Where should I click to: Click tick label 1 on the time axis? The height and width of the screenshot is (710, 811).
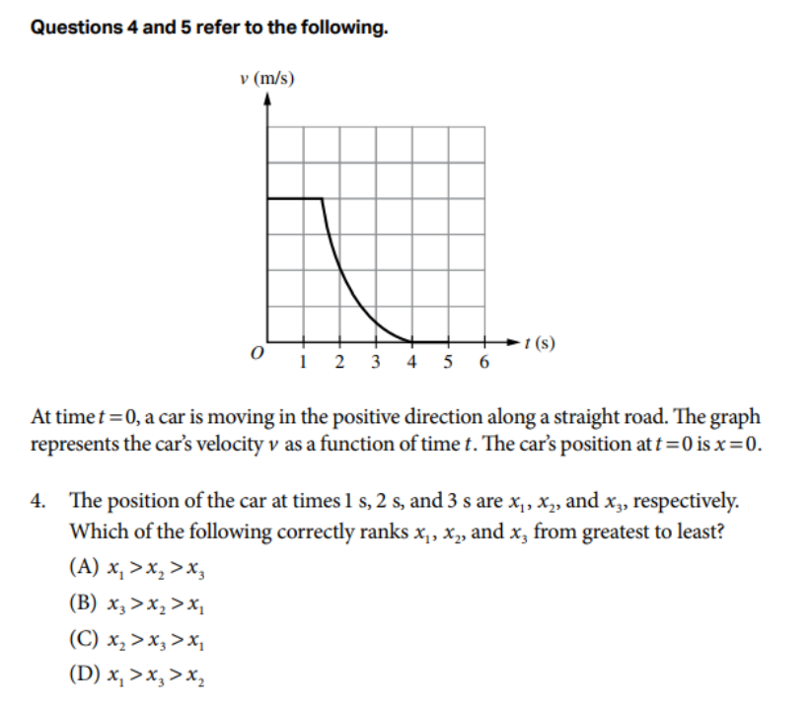303,363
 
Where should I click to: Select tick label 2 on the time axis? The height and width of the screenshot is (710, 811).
339,363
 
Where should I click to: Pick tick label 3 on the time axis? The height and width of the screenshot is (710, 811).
376,363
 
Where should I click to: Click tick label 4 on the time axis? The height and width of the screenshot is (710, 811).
411,363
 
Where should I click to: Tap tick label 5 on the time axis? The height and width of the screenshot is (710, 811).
448,363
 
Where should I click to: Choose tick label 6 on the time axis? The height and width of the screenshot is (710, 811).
483,363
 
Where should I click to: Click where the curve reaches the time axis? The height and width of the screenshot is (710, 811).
411,341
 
